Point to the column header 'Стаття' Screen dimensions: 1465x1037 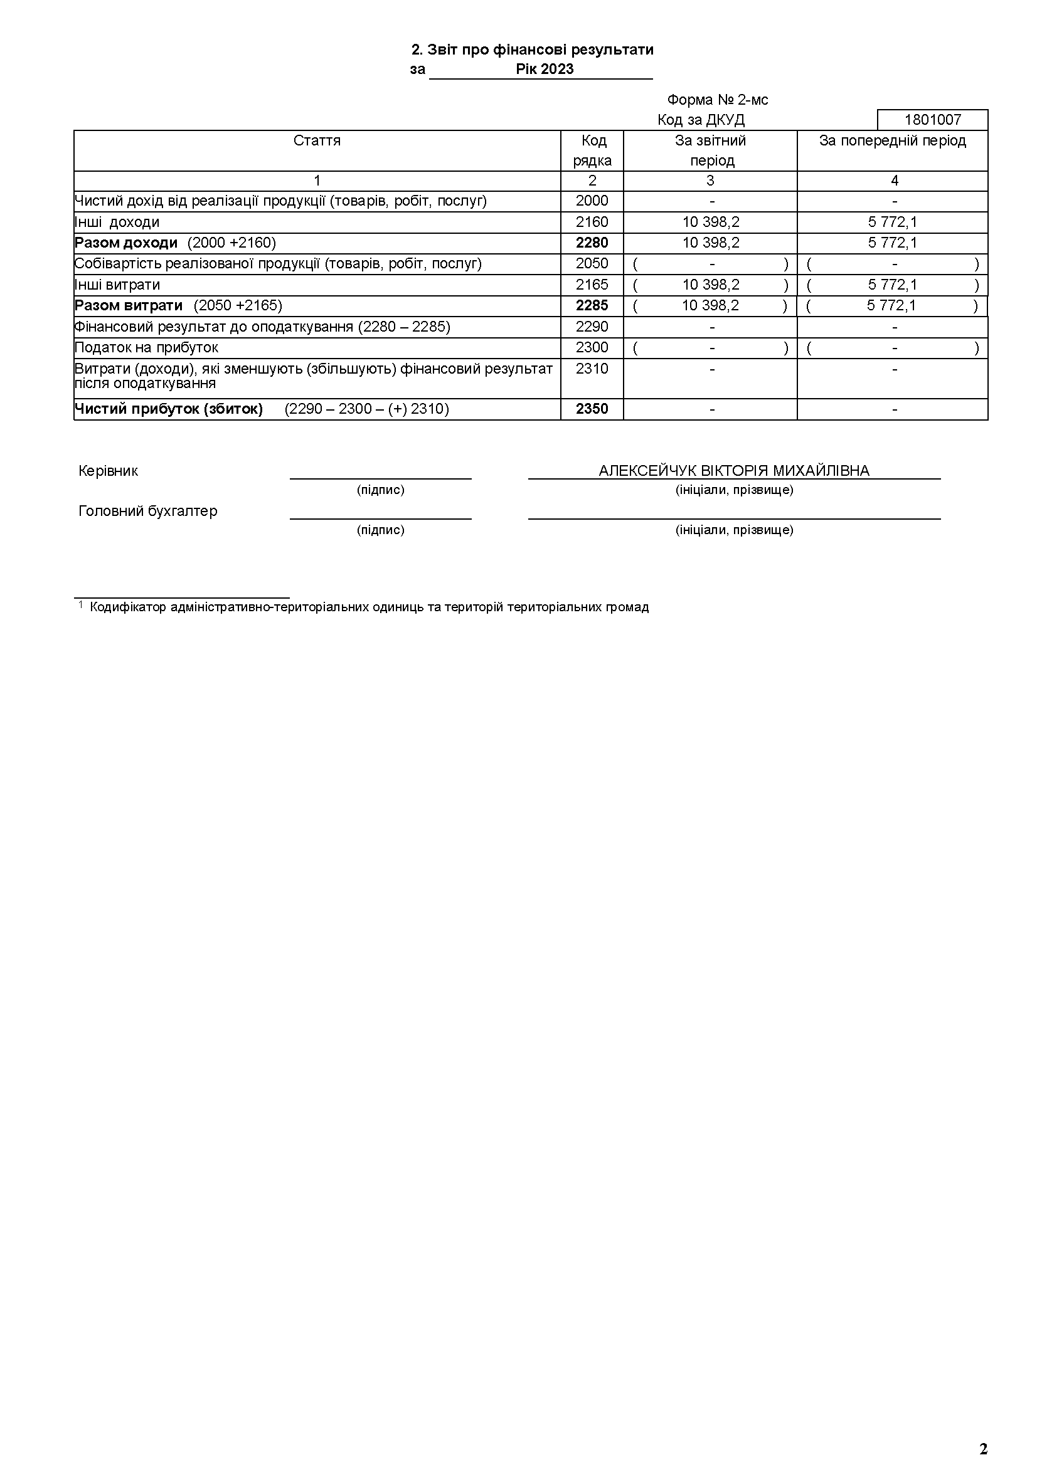point(317,140)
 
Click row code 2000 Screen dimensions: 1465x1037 point(592,201)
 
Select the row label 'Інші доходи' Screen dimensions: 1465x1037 point(117,222)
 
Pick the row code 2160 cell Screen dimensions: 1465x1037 point(592,222)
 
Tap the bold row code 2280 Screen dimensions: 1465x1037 point(592,243)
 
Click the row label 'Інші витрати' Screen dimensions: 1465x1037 point(117,285)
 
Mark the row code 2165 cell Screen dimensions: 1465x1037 point(592,285)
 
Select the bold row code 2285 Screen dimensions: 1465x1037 point(592,306)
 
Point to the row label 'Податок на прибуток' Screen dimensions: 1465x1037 point(146,348)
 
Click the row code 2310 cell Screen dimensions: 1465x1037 point(592,369)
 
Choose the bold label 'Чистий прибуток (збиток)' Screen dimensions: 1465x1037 point(169,409)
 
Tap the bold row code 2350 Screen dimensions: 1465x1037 point(592,409)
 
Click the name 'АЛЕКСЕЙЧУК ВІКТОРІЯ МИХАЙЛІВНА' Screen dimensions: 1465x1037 point(734,471)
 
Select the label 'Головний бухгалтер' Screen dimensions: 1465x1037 point(147,511)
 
